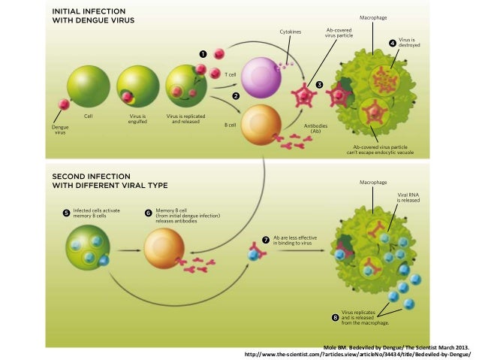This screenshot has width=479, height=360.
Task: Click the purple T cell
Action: (x=260, y=74)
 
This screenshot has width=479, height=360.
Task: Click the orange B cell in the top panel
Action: (x=261, y=123)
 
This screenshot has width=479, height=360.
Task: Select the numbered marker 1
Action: (x=203, y=55)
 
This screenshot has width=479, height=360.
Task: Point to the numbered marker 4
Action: (x=391, y=42)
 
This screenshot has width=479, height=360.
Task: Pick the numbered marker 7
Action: (x=265, y=240)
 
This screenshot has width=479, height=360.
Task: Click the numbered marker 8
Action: (x=335, y=317)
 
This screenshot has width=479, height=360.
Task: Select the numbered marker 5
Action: (x=65, y=213)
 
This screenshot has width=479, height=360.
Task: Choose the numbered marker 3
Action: (x=319, y=84)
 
